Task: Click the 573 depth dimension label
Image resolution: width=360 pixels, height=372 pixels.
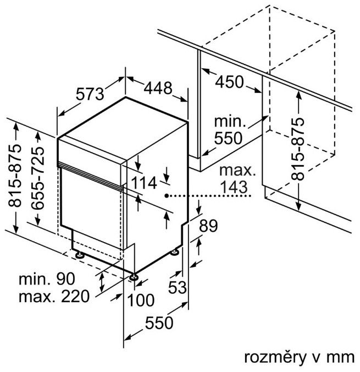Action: pos(90,94)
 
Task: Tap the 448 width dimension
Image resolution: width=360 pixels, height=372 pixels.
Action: pos(158,87)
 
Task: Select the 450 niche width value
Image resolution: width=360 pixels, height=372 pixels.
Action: pos(229,82)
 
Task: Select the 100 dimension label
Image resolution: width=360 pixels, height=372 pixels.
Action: pos(141,300)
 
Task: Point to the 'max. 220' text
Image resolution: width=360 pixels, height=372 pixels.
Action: pos(53,297)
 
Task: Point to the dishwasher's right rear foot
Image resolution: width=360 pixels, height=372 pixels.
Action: pos(175,251)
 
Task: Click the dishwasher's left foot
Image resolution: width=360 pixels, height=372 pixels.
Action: pos(80,255)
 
